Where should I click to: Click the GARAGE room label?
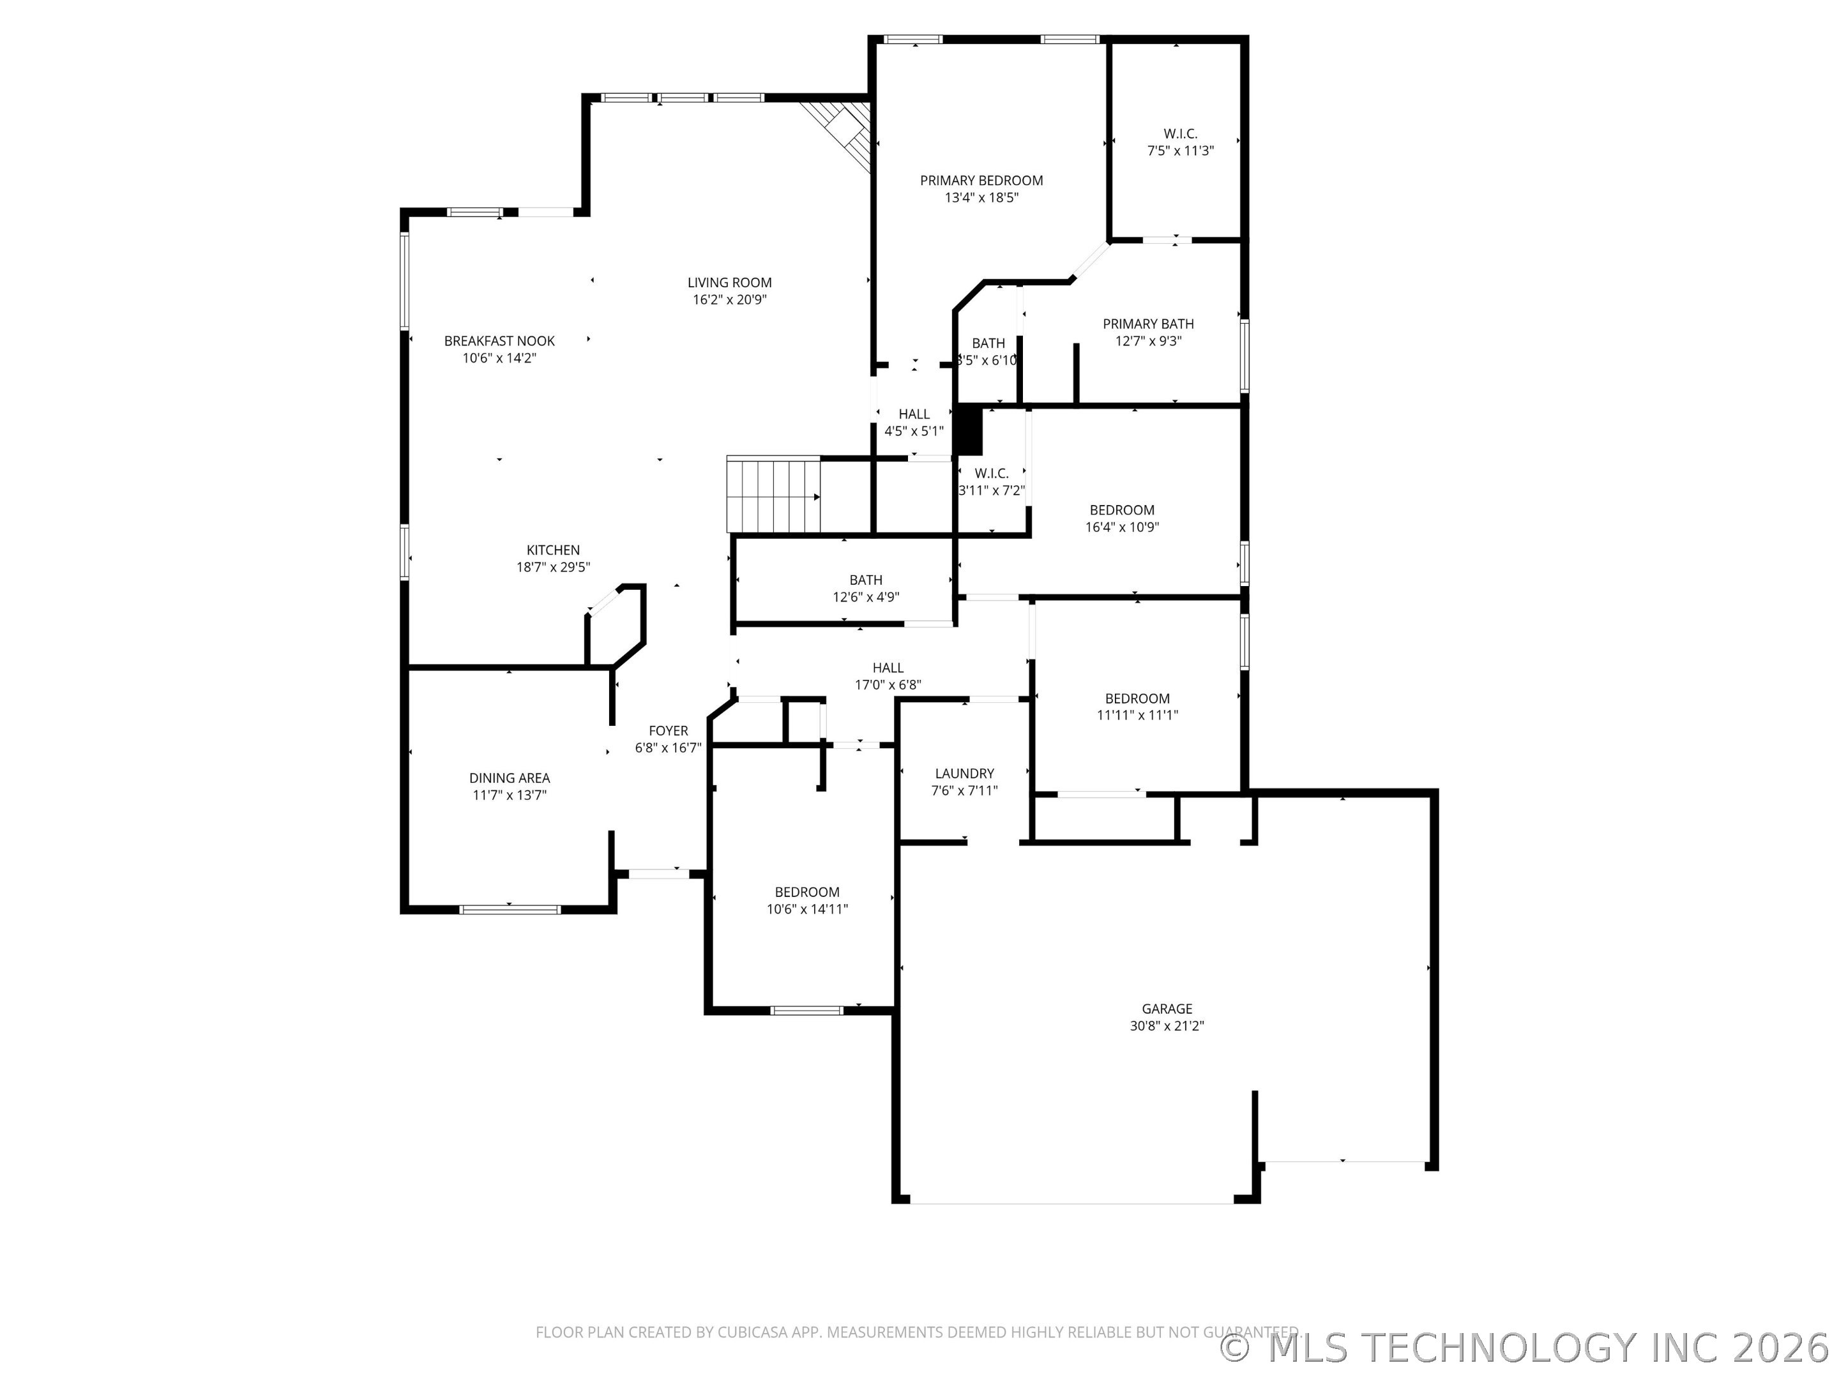[1167, 1008]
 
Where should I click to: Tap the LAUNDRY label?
[964, 773]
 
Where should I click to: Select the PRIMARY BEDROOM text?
[981, 181]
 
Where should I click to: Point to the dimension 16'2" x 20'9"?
[729, 300]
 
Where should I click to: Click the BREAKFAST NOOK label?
[499, 341]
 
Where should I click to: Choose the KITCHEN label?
[553, 550]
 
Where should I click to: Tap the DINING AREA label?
[509, 778]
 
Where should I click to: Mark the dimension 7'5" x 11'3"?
[1180, 151]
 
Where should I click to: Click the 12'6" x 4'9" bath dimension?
[865, 597]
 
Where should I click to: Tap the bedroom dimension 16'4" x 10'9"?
[1121, 527]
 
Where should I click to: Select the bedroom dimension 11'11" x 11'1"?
[1137, 715]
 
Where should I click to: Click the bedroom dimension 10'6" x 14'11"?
[806, 909]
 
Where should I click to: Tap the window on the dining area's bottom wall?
[510, 909]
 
